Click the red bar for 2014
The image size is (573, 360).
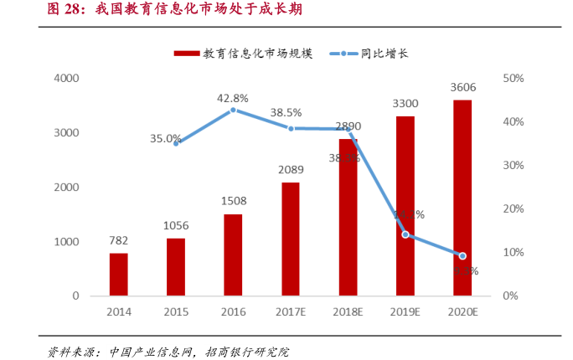(119, 275)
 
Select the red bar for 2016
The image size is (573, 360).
(234, 255)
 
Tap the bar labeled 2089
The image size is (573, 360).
(291, 239)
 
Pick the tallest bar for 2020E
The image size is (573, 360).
(462, 198)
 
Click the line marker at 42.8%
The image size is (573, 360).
(234, 110)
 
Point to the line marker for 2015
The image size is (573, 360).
(177, 143)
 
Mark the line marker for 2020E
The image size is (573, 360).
(462, 256)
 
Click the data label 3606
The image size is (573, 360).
(463, 87)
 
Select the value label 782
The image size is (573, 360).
(119, 240)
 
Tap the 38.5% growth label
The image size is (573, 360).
(286, 112)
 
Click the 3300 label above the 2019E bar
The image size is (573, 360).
(405, 103)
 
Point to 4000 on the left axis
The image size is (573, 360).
(66, 79)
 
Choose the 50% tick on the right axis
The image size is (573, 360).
(513, 79)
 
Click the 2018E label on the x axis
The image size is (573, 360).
(348, 312)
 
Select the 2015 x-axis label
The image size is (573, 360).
(176, 312)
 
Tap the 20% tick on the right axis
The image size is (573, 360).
(513, 209)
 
